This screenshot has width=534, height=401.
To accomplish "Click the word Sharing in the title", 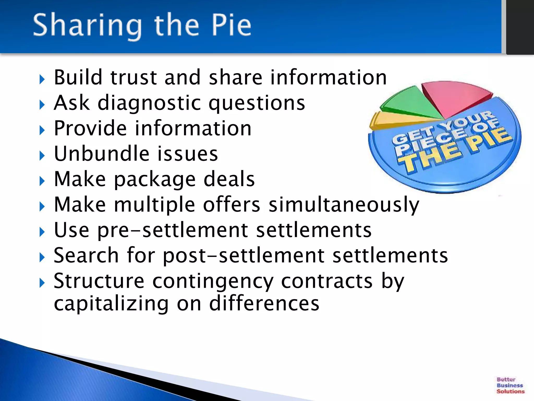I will coord(87,26).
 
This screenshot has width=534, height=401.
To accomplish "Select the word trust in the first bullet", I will coord(134,78).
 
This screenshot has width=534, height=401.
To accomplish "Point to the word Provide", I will coord(90,128).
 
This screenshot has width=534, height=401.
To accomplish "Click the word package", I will coord(155,180).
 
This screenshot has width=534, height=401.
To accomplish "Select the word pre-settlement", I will coord(172,230).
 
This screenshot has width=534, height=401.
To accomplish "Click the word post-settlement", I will coord(244,256).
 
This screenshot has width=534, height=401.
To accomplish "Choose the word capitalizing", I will coord(111,304).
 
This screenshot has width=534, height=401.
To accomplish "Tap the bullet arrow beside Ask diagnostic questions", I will coord(42,105).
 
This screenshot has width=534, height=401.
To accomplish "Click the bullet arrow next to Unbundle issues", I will coord(42,156).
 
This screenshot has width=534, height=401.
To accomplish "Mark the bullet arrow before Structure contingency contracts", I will coord(42,283).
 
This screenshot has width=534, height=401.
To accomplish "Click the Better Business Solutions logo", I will coord(510,385).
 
